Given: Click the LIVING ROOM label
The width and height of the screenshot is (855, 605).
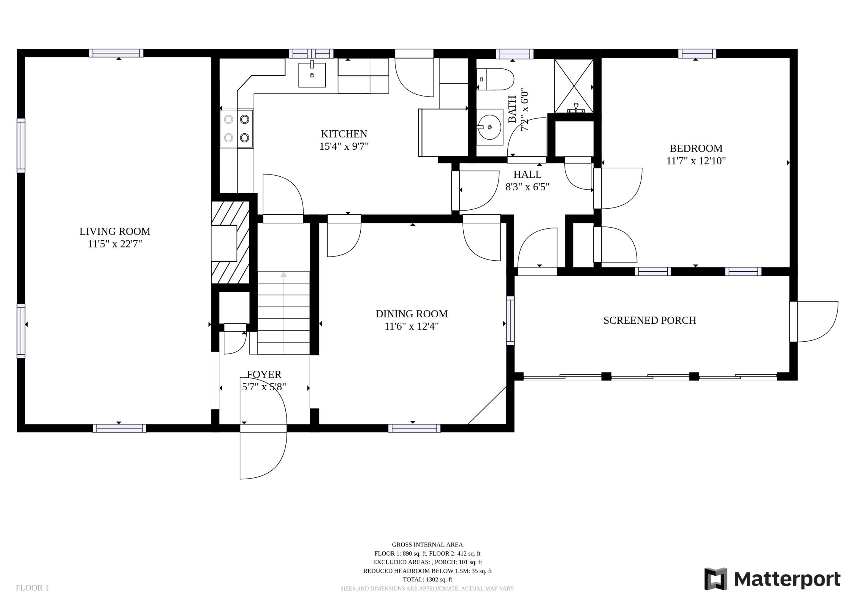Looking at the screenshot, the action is (x=115, y=231).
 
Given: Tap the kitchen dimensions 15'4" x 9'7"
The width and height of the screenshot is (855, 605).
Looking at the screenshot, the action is (x=344, y=147).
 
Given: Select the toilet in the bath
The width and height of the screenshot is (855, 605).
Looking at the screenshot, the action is (x=495, y=79).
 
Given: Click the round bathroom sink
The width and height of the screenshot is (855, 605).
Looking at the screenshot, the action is (x=489, y=127).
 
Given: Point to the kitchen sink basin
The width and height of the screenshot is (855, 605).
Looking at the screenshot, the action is (x=312, y=75).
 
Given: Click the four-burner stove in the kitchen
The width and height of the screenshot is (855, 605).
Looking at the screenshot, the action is (x=236, y=128).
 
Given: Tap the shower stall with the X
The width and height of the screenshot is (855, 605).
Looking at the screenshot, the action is (x=574, y=86).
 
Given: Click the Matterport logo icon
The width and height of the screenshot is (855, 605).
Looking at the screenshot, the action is (x=716, y=579).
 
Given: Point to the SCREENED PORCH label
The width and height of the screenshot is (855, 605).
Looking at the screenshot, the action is (x=650, y=320).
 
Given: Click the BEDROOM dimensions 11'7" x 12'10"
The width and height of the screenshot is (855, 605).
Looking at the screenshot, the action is (x=696, y=161).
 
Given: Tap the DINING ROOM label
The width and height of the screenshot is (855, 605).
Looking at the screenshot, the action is (x=412, y=314).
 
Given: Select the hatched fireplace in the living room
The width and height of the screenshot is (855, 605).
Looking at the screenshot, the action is (x=230, y=242).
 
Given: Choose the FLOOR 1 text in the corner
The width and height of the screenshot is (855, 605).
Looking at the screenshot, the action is (x=32, y=588).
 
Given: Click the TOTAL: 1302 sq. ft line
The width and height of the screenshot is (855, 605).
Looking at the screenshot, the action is (x=427, y=580).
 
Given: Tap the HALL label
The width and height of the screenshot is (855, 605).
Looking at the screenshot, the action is (x=527, y=174).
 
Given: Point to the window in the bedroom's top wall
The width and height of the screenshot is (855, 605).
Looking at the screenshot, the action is (x=697, y=54).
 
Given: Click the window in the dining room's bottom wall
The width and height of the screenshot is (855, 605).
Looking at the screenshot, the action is (x=414, y=428).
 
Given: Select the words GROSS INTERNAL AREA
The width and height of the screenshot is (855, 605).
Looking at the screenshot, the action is (x=427, y=545).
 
